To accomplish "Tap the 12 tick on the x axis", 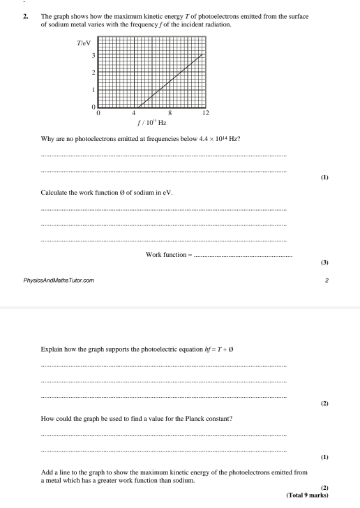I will pos(204,112).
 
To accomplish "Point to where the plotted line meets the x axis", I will pos(137,107).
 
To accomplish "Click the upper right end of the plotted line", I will pos(203,54).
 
